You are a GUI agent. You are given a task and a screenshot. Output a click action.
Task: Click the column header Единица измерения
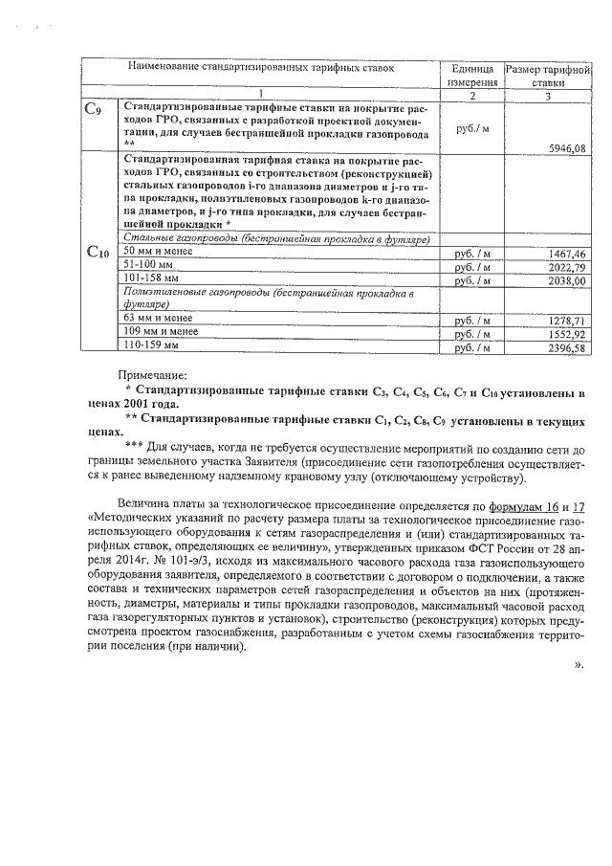click(x=471, y=76)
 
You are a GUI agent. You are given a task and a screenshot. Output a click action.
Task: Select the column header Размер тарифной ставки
click(x=549, y=76)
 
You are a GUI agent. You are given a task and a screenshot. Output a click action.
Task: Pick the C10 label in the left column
click(x=98, y=252)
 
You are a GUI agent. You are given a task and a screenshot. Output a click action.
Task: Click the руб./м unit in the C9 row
click(x=471, y=128)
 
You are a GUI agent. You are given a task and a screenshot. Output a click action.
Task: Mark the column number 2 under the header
click(x=471, y=97)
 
